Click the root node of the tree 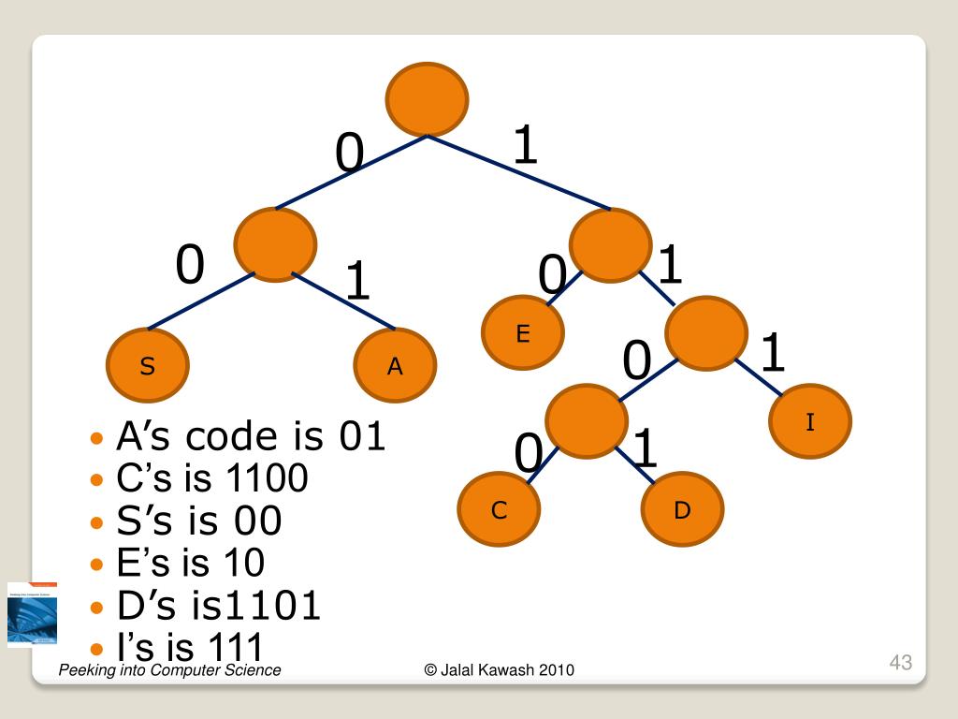(x=427, y=98)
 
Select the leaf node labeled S (x=148, y=366)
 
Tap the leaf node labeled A (x=396, y=366)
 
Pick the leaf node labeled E (x=523, y=333)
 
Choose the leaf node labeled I (x=810, y=422)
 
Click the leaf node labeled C (x=499, y=510)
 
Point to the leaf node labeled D (x=682, y=510)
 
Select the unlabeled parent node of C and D (x=586, y=421)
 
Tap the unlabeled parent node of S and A (x=275, y=244)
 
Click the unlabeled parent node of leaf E (x=609, y=245)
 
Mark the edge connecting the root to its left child (x=351, y=172)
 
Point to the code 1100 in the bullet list (x=267, y=478)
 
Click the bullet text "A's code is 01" (x=250, y=436)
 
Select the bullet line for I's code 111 (x=189, y=646)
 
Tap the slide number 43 (x=900, y=663)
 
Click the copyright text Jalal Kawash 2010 (x=499, y=669)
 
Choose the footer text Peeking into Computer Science (x=169, y=669)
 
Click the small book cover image (x=32, y=615)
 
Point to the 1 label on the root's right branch (x=526, y=146)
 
